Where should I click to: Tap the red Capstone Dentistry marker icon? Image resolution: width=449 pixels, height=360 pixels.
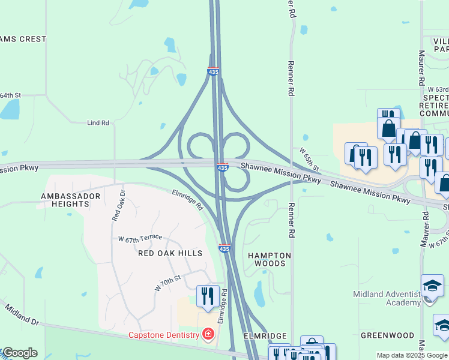point(208,334)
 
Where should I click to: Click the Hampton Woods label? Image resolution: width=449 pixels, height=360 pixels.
point(270,259)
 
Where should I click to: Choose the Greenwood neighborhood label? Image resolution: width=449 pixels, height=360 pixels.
point(387,335)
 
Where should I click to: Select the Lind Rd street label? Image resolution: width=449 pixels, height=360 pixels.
point(98,123)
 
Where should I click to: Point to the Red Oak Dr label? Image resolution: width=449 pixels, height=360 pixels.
point(118,206)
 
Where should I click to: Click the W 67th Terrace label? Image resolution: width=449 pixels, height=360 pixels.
point(140,238)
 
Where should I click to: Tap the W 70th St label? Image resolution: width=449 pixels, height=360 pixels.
point(167,283)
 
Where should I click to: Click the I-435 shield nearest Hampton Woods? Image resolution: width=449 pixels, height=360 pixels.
point(224,248)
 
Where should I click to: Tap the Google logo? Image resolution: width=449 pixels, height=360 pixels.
point(19,353)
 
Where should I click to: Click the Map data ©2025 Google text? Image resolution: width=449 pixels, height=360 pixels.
point(412,355)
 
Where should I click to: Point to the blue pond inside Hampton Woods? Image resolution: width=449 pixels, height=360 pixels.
point(260,293)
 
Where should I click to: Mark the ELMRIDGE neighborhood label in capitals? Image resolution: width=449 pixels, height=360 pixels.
point(265,337)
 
